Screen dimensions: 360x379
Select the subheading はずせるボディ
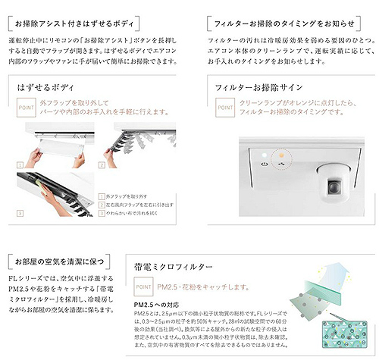click(x=47, y=89)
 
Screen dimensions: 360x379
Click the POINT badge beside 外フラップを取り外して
click(x=25, y=108)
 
